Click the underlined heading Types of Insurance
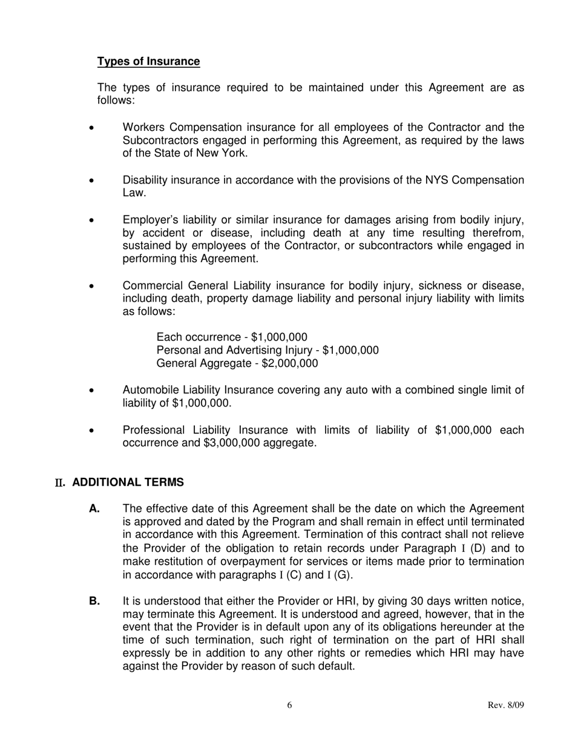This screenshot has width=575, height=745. [x=148, y=61]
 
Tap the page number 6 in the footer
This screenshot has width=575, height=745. [x=290, y=705]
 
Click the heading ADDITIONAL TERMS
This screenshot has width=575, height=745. [x=128, y=482]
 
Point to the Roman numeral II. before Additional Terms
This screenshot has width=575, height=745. [x=60, y=483]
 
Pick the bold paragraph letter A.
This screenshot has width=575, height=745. [x=94, y=509]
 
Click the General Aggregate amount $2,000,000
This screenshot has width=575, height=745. [x=289, y=363]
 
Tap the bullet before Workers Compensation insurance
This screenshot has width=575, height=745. [x=91, y=128]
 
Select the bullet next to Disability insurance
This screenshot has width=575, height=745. [x=91, y=181]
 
